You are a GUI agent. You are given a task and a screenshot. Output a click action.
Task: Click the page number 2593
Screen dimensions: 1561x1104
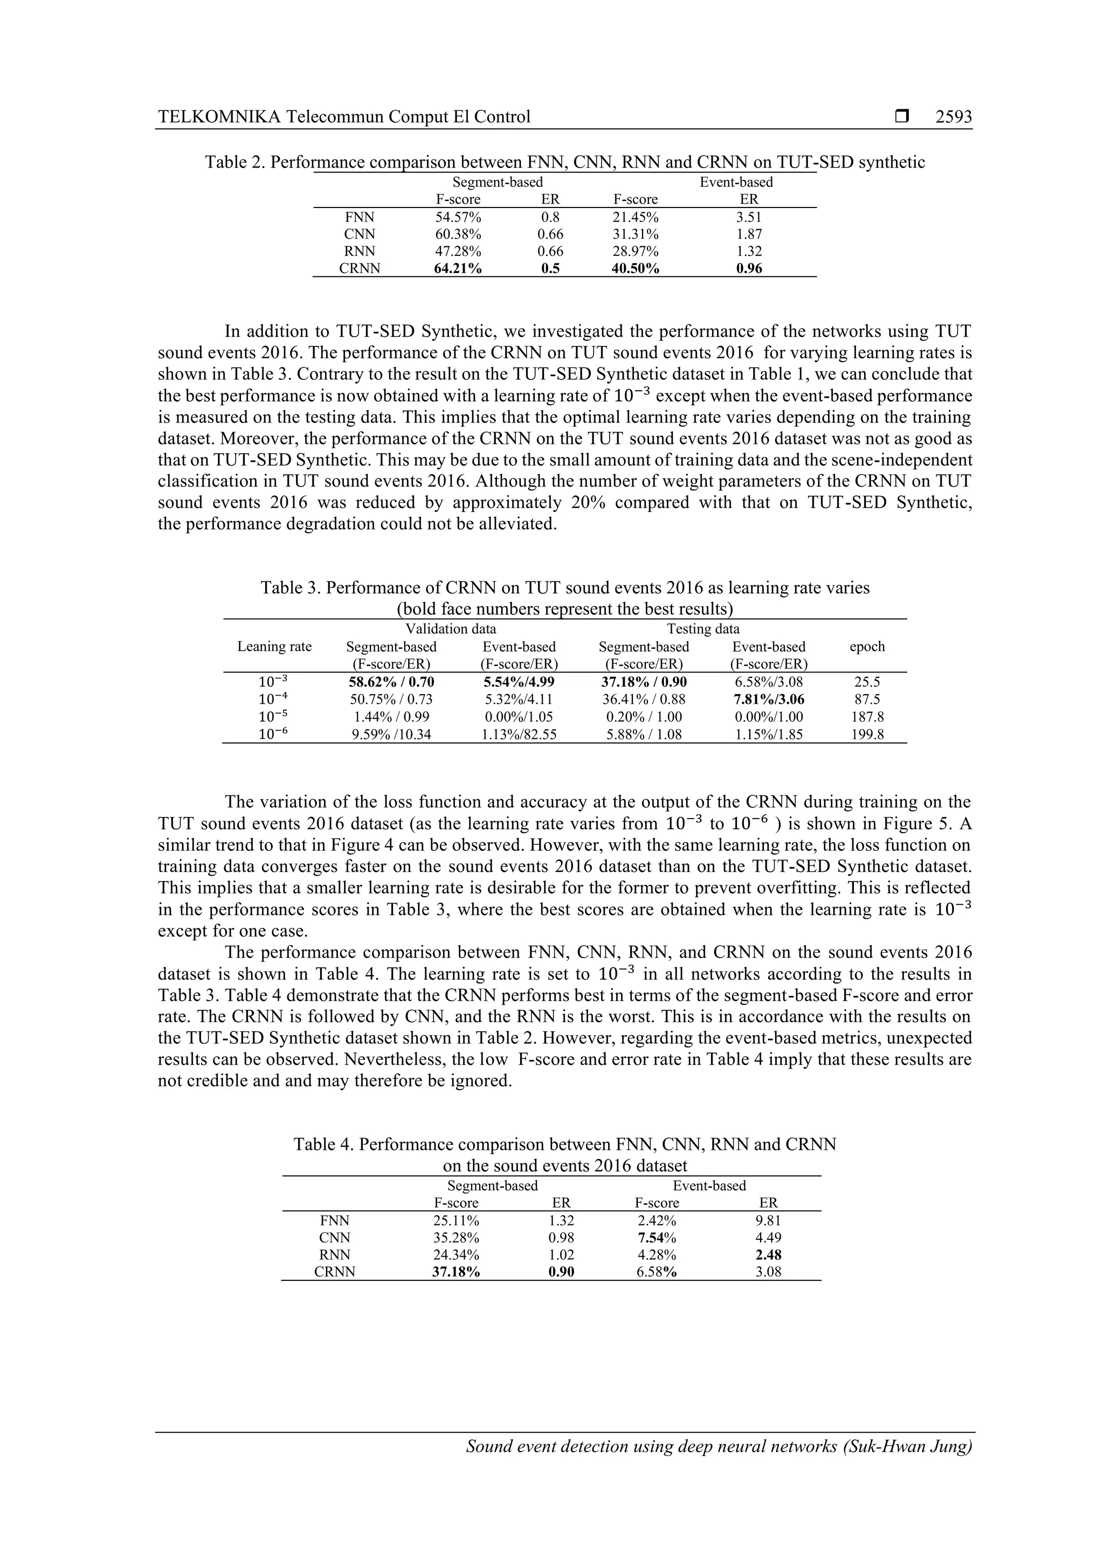click(x=953, y=117)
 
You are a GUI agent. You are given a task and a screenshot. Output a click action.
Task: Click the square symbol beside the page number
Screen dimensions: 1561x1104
click(x=902, y=117)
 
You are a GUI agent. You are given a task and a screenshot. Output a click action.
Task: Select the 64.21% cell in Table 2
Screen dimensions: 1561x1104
click(x=458, y=268)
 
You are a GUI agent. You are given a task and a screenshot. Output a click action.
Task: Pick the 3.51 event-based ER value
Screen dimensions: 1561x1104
click(x=749, y=217)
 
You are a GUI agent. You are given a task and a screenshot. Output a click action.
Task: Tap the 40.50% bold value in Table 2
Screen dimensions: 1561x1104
click(x=636, y=268)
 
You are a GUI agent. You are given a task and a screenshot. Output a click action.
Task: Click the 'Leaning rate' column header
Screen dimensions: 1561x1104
click(x=274, y=646)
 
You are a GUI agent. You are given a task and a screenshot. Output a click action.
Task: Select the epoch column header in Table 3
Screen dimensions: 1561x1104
click(x=867, y=646)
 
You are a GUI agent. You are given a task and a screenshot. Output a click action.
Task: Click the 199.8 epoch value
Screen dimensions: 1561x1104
click(x=867, y=734)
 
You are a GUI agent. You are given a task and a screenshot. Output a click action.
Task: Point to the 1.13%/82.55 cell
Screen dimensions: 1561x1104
click(x=519, y=734)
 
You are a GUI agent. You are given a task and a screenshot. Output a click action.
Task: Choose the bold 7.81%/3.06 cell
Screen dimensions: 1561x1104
click(x=769, y=699)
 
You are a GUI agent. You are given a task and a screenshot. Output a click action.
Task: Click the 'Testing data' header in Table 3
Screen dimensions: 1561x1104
click(x=703, y=628)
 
